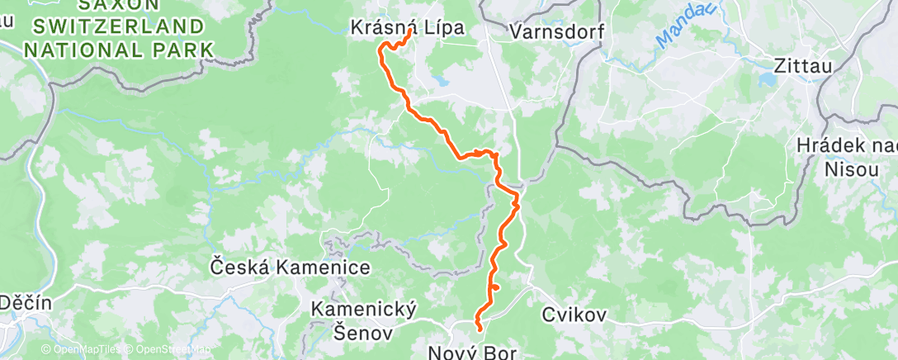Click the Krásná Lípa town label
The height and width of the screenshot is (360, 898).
pyautogui.click(x=407, y=27)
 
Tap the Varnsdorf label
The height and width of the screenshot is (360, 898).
pyautogui.click(x=557, y=32)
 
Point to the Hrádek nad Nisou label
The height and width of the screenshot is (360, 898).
pyautogui.click(x=847, y=157)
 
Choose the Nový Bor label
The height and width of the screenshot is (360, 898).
pyautogui.click(x=472, y=353)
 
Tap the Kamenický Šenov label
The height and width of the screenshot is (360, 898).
pyautogui.click(x=363, y=320)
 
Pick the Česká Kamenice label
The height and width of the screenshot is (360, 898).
pyautogui.click(x=291, y=268)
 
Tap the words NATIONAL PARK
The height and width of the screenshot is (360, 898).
pyautogui.click(x=120, y=49)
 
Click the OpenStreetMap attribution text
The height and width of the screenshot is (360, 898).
pyautogui.click(x=166, y=350)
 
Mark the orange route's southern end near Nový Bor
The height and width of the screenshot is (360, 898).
pyautogui.click(x=480, y=331)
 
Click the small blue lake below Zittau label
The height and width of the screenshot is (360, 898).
pyautogui.click(x=768, y=80)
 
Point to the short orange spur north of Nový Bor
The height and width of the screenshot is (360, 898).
pyautogui.click(x=497, y=287)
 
